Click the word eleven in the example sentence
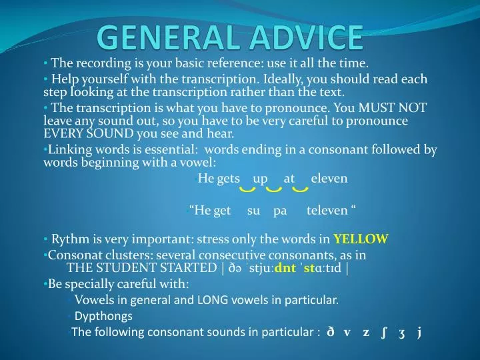point(329,179)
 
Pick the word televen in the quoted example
point(327,211)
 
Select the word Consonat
point(72,255)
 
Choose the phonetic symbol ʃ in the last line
point(384,332)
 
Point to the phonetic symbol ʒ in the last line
point(401,332)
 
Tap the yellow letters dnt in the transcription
point(285,268)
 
